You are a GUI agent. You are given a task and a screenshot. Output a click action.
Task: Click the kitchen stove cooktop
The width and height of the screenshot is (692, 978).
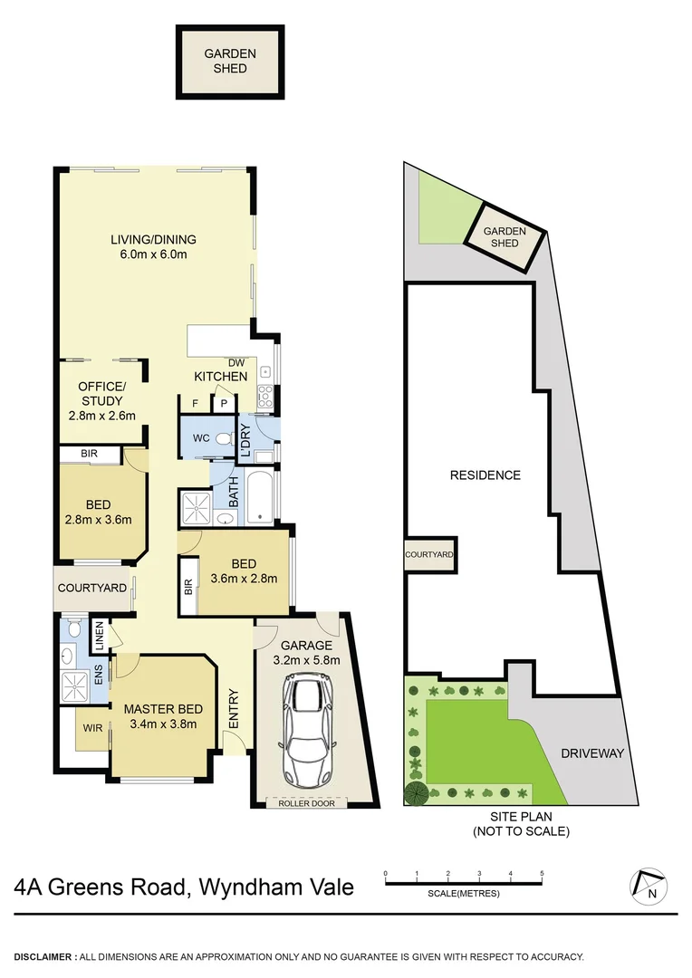tap(266, 395)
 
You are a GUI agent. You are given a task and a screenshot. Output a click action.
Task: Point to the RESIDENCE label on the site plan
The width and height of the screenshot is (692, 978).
tap(485, 475)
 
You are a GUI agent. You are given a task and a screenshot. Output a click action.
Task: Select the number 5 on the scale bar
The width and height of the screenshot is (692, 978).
tap(542, 874)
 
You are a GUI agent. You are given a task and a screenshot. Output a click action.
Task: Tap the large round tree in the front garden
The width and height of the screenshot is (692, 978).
tap(416, 794)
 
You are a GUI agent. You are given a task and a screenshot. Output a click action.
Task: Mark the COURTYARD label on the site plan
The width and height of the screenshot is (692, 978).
tap(429, 552)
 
